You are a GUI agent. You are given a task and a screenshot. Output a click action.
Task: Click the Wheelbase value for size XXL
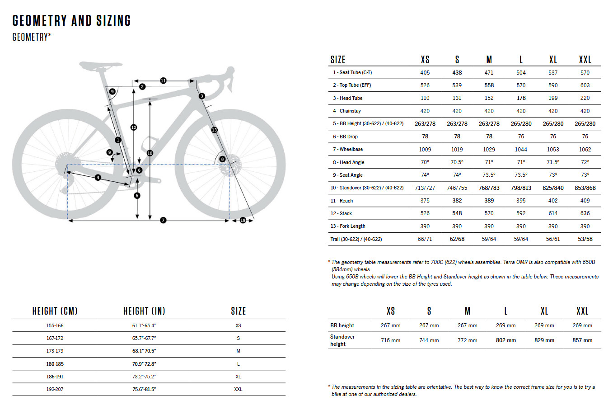pos(585,149)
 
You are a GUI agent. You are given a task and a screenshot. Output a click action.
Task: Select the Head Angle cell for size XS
pos(425,162)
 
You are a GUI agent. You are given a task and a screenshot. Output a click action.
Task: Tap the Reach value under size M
pos(489,201)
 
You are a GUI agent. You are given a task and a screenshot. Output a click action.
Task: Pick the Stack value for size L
pos(521,213)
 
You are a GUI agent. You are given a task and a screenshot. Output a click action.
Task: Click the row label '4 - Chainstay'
pos(347,111)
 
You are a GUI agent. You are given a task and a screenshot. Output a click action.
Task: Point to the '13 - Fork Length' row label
pos(348,226)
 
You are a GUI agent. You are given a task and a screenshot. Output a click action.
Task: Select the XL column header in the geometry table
pos(553,60)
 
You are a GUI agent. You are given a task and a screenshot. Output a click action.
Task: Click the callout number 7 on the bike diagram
pos(163,220)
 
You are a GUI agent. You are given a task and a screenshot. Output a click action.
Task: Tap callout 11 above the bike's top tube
pos(163,80)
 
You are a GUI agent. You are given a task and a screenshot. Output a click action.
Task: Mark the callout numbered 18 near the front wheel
pos(243,220)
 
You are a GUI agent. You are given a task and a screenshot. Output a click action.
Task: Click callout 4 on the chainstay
pos(98,178)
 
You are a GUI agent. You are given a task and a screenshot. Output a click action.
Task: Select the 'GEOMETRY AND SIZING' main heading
pos(71,21)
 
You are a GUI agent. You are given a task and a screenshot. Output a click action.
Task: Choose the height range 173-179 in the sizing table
pos(55,351)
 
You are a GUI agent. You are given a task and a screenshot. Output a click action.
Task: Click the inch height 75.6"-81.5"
pos(144,389)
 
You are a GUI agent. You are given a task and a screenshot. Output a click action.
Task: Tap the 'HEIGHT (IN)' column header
pos(144,311)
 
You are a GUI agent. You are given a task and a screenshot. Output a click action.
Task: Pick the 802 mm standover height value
pos(505,340)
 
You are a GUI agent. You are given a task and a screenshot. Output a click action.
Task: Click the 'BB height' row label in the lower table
pos(342,325)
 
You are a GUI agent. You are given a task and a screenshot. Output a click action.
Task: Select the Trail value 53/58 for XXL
pos(585,239)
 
